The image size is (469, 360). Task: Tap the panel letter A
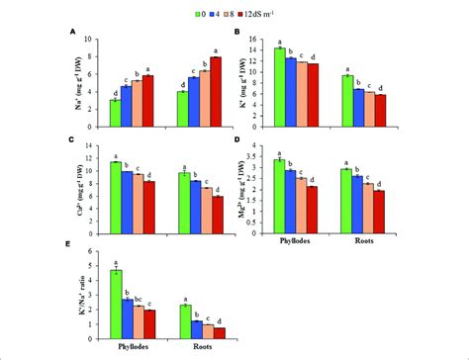(x=73, y=32)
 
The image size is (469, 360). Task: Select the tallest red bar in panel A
(x=215, y=92)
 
